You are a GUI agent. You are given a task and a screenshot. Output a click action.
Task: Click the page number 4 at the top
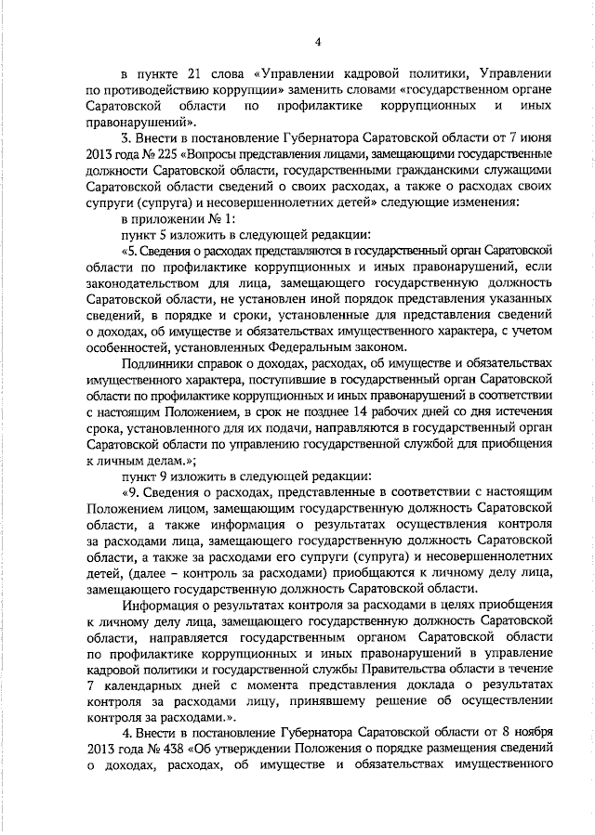pyautogui.click(x=318, y=41)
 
